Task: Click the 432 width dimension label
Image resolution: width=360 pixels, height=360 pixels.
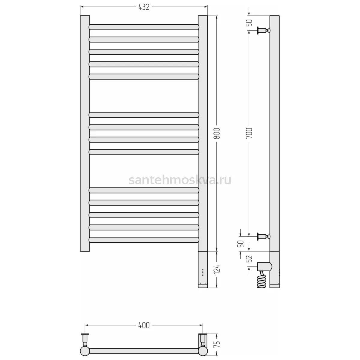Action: click(x=144, y=7)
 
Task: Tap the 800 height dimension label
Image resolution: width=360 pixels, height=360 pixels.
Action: click(x=217, y=133)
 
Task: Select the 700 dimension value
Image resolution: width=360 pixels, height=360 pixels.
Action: click(x=249, y=133)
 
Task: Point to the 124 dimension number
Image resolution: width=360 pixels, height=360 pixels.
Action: click(x=217, y=269)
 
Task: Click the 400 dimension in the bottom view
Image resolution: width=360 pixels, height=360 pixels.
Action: click(x=144, y=325)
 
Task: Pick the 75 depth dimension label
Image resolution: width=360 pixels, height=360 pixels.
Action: click(x=217, y=343)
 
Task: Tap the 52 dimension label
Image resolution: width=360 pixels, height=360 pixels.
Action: click(x=249, y=259)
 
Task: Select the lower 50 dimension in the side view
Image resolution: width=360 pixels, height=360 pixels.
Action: click(x=241, y=244)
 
